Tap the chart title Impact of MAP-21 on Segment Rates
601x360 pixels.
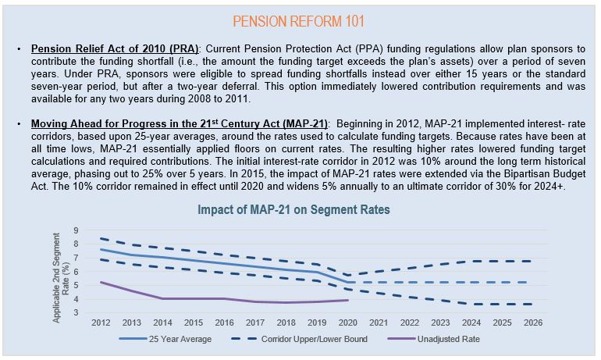click(293, 210)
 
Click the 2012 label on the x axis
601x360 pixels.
click(101, 323)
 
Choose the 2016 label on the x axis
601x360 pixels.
click(224, 323)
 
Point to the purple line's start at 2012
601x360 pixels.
click(101, 282)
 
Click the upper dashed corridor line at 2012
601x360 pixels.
click(101, 238)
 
